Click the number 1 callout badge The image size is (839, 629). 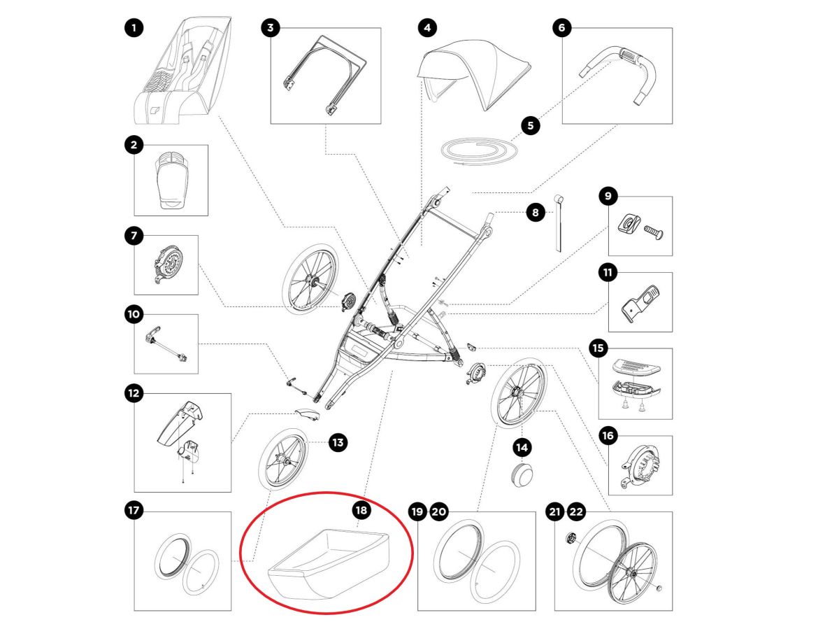pos(134,28)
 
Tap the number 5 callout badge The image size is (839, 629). pos(530,126)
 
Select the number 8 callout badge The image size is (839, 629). pos(536,212)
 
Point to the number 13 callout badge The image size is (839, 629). pos(338,442)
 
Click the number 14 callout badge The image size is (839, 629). pos(522,446)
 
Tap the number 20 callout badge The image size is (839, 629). pos(438,512)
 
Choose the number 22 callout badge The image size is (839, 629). pos(576,512)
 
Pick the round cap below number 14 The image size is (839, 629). pos(522,473)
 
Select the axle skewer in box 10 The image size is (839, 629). pos(168,346)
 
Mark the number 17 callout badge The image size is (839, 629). pos(134,511)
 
